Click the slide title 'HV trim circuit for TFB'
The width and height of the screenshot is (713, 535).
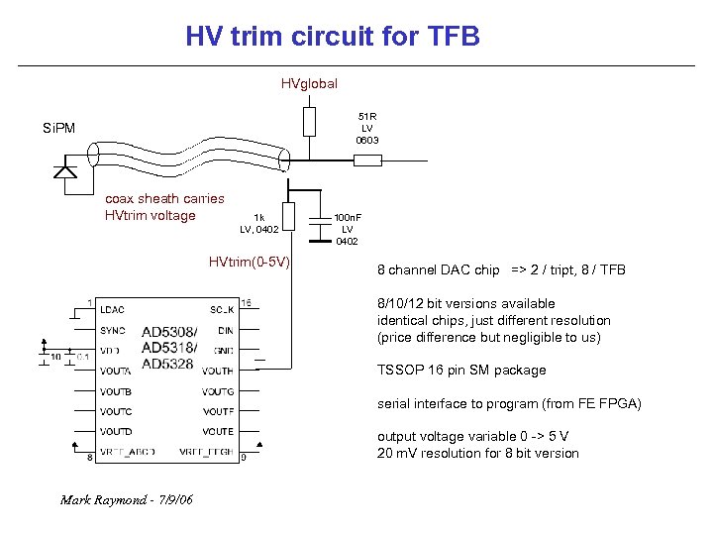(x=332, y=38)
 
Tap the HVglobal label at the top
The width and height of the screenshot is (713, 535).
(x=309, y=84)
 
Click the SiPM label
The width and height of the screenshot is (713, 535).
(x=58, y=128)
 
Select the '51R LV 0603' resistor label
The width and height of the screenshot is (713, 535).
(x=367, y=128)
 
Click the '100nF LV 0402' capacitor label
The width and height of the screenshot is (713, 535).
(x=347, y=229)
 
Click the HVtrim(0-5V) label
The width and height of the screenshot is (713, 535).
(x=249, y=262)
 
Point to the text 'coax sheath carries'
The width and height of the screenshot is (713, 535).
(x=164, y=198)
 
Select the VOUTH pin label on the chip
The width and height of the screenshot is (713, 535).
(x=217, y=371)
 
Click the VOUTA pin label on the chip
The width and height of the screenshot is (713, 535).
(x=116, y=371)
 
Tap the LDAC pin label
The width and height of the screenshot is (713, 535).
(x=112, y=310)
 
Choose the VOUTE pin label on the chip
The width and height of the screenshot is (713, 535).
(x=217, y=431)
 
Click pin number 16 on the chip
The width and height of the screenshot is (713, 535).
(x=247, y=301)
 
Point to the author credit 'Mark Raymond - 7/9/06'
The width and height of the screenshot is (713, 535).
(x=126, y=498)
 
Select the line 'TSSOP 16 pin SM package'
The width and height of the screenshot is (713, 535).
(x=460, y=370)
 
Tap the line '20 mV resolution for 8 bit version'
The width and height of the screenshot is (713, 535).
(x=477, y=453)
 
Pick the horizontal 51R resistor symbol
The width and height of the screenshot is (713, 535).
(x=367, y=159)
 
